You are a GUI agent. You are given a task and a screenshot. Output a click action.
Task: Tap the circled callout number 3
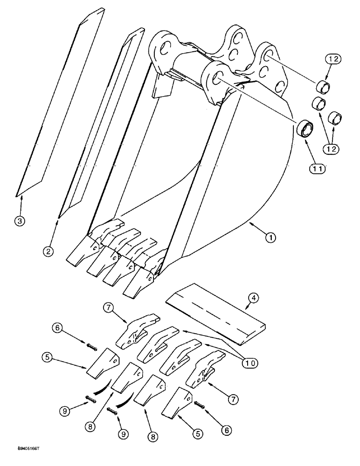point(20,221)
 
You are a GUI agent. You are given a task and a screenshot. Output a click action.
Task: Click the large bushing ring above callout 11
point(305,128)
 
